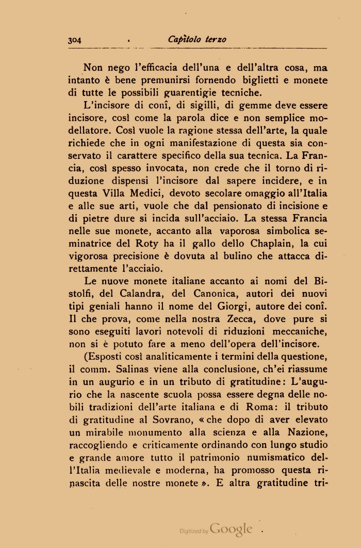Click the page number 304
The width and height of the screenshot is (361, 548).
[x=76, y=40]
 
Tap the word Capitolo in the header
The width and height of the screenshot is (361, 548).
[x=185, y=40]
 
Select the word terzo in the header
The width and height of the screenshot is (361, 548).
[x=216, y=40]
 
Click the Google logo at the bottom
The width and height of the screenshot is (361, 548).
[x=232, y=529]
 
